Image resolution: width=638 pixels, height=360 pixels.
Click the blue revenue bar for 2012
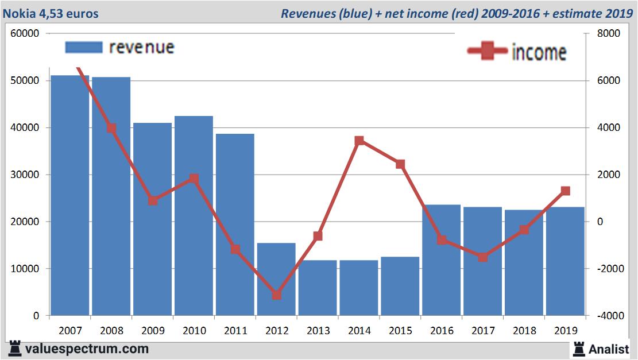pos(276,279)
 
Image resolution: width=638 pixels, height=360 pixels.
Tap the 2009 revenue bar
pos(153,219)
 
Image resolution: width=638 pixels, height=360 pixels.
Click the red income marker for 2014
pos(359,141)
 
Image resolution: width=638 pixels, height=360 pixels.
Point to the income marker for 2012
pos(277,295)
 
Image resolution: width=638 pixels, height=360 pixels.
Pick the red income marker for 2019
pos(566,191)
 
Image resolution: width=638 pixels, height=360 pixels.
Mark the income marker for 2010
pos(194,179)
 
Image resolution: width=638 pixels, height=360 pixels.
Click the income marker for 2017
pos(483,257)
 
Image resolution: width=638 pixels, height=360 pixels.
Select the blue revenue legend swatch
pos(84,47)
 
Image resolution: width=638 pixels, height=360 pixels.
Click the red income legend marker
pos(488,52)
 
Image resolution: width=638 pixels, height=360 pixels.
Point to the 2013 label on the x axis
pos(318,331)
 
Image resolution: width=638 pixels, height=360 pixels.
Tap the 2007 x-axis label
pos(71,331)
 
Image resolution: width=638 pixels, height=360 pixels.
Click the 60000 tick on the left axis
pos(25,33)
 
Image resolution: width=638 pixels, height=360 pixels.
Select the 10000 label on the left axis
pos(25,269)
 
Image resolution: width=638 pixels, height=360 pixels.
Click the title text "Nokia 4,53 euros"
pos(51,13)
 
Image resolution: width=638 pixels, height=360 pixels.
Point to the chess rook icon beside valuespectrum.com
pos(15,349)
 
